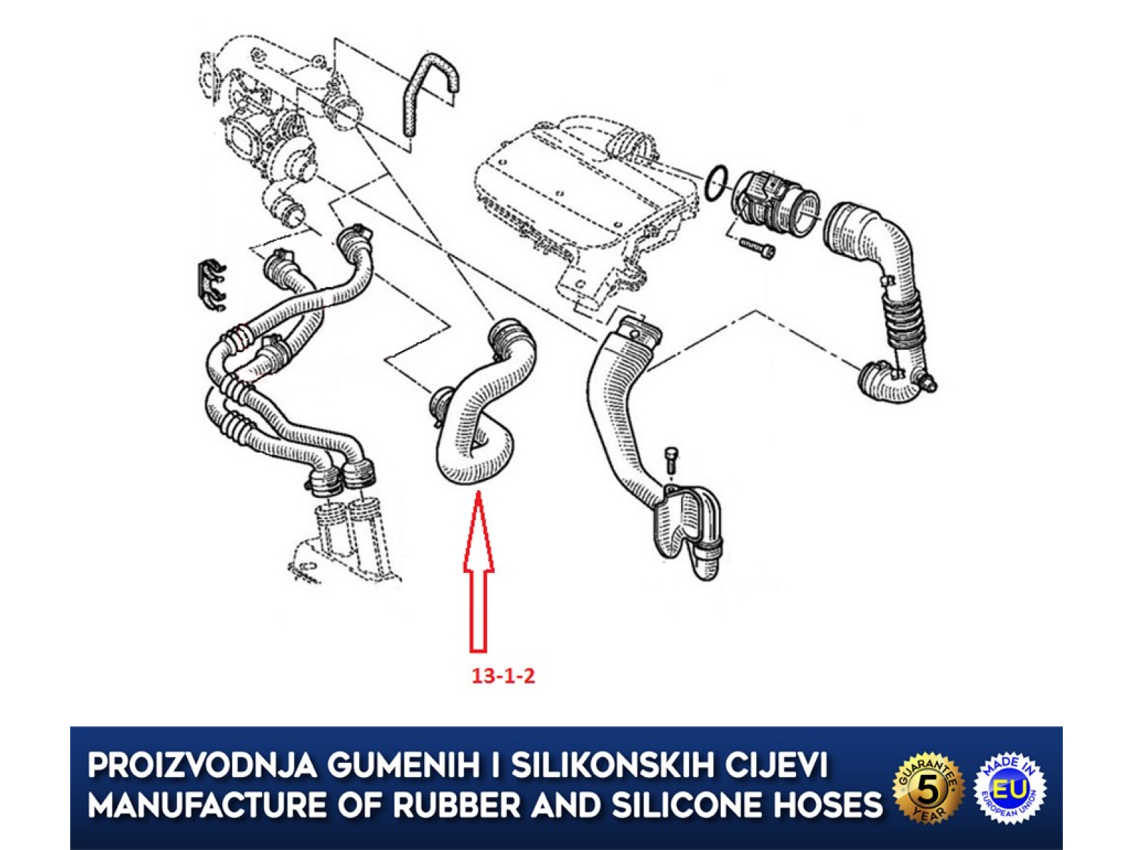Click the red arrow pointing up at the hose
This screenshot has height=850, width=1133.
click(x=479, y=572)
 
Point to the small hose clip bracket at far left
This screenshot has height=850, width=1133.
click(x=210, y=286)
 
